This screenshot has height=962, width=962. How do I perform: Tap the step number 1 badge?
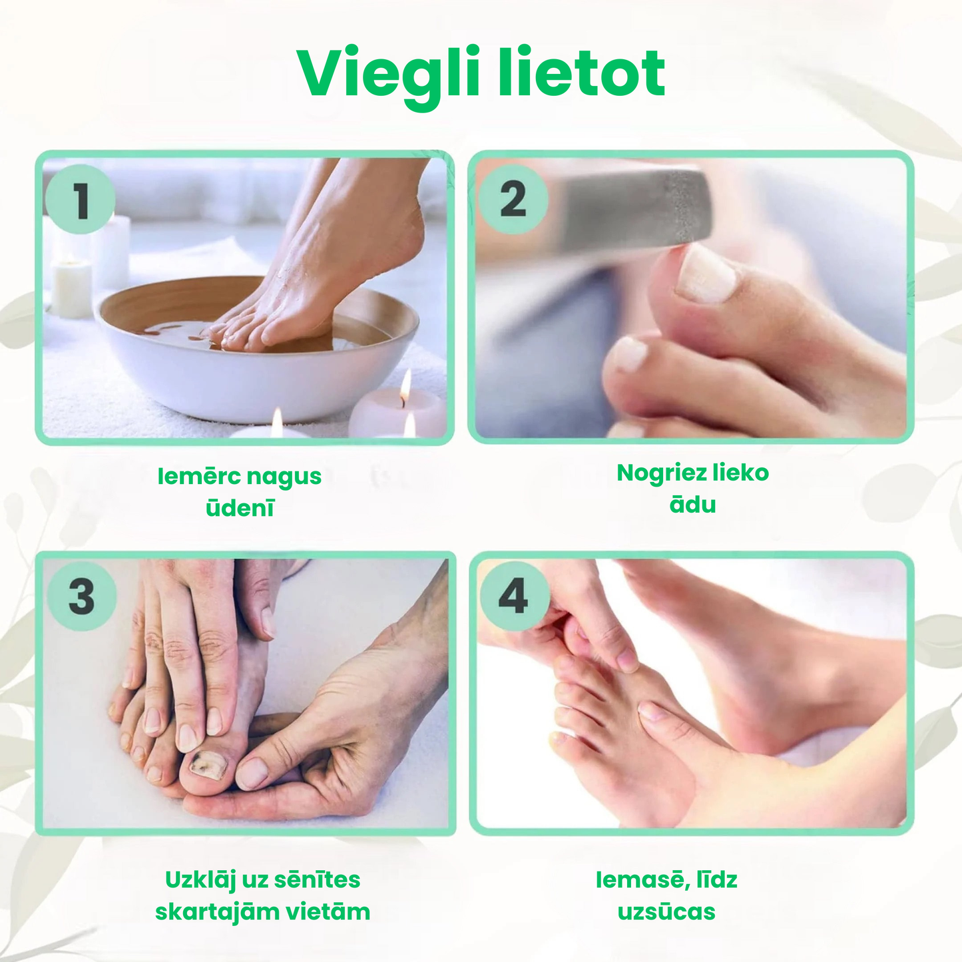(81, 200)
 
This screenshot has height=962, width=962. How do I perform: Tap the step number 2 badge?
(513, 199)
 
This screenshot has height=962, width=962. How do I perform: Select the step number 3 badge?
(82, 596)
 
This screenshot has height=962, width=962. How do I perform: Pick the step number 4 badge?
(513, 596)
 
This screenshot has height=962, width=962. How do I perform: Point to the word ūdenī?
(240, 509)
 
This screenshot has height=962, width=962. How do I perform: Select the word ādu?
(692, 505)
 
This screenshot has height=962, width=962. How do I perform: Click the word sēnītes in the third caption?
(317, 879)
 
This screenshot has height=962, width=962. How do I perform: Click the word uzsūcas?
(666, 911)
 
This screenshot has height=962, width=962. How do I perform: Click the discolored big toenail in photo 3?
(207, 766)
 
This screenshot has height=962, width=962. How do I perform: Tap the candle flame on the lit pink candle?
(405, 386)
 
